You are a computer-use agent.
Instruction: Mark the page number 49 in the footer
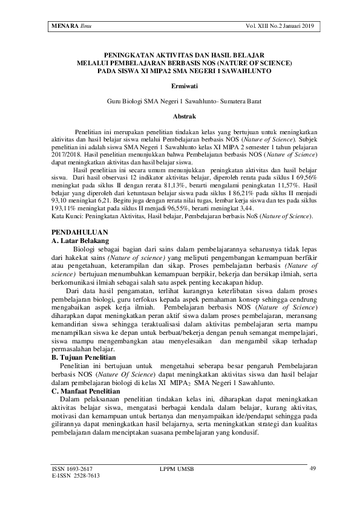point(312,468)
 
